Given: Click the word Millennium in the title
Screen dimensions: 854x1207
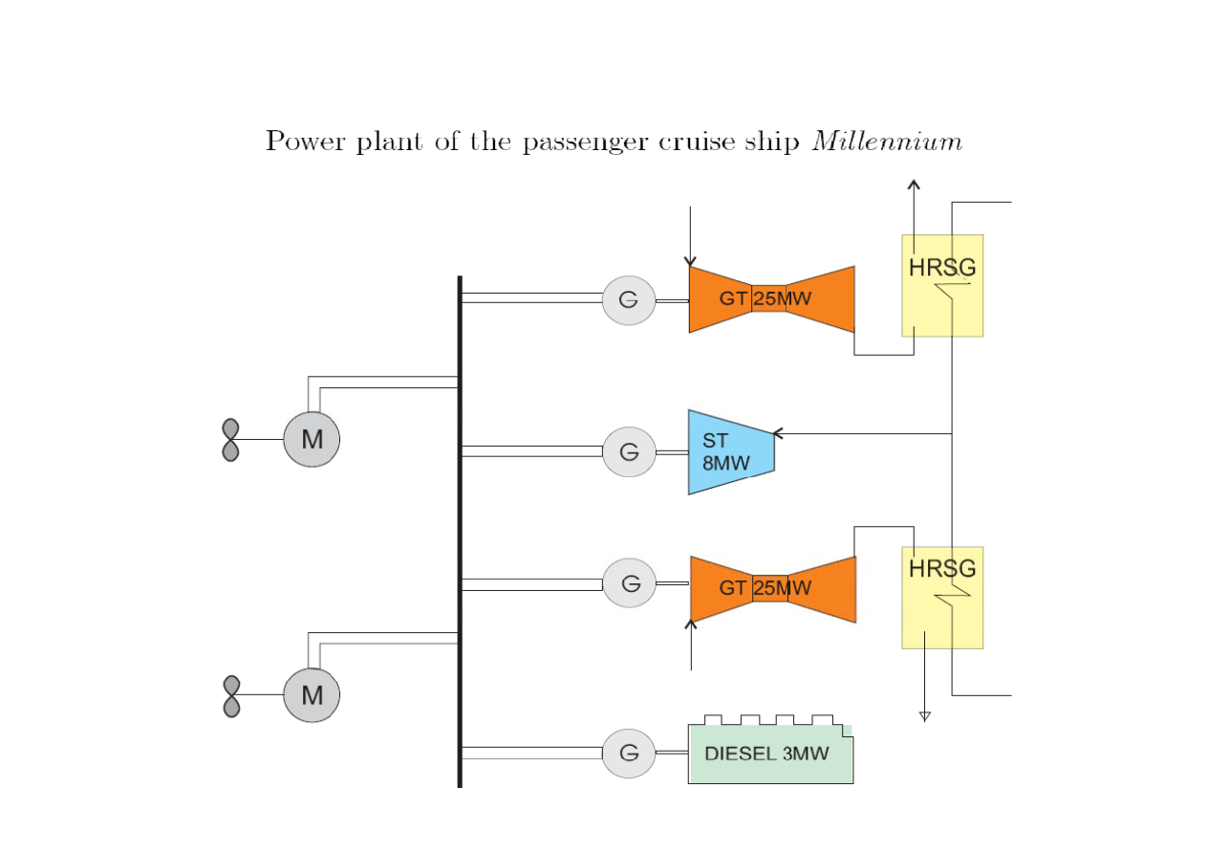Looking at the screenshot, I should [x=886, y=142].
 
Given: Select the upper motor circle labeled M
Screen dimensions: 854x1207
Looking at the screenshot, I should [x=312, y=440].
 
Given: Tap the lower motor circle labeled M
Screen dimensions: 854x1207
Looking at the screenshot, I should [x=312, y=695].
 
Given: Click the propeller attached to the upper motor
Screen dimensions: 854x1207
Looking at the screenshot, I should [x=230, y=440].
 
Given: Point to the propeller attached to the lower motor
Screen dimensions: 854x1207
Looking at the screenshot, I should [x=230, y=696].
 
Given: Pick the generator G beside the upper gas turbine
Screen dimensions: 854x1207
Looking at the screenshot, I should [x=629, y=299].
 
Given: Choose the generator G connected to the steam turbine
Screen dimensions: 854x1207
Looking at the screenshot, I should [x=629, y=451].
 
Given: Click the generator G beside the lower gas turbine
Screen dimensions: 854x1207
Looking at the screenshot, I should [x=629, y=582].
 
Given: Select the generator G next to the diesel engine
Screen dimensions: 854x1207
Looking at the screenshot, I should [x=629, y=753].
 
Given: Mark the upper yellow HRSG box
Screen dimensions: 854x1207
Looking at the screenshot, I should [x=942, y=285].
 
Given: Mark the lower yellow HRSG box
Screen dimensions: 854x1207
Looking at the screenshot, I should [x=942, y=598].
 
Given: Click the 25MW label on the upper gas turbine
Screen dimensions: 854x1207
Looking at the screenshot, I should [x=782, y=299].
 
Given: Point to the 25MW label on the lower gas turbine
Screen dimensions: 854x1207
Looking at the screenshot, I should [x=782, y=588].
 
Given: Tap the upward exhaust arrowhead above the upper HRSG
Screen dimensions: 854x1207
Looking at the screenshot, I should [x=914, y=185].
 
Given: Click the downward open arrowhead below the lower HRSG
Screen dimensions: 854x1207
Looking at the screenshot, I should [x=924, y=715].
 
